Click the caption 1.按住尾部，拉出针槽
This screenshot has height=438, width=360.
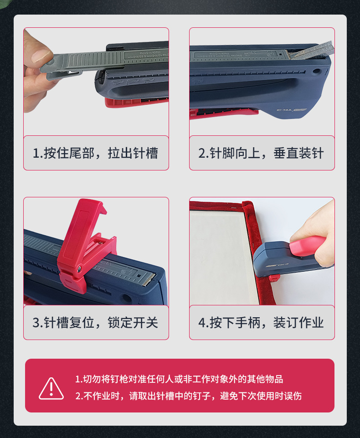coord(96,153)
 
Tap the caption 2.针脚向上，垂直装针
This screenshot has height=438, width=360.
coord(262,153)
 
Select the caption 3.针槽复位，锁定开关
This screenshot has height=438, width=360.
coord(96,323)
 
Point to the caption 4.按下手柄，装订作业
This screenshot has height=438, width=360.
coord(262,323)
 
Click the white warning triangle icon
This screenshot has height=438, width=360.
coord(51,388)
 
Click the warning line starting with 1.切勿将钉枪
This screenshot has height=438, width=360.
coord(179,379)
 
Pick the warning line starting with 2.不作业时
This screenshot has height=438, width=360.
coord(188,396)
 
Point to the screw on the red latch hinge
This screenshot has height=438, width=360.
coord(80,269)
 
